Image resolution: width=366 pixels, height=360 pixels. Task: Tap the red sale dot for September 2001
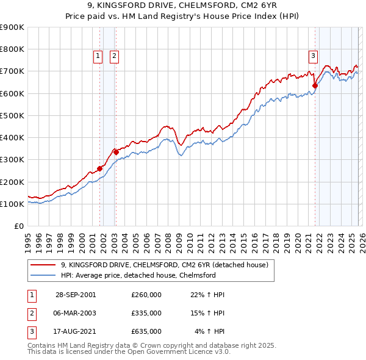(99, 168)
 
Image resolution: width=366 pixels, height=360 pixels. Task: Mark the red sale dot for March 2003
(115, 152)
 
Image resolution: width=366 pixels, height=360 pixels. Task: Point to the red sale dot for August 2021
(315, 85)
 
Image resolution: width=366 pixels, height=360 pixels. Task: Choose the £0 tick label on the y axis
(20, 226)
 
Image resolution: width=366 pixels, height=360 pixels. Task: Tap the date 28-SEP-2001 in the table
(75, 295)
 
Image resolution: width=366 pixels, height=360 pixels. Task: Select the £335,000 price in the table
(146, 313)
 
